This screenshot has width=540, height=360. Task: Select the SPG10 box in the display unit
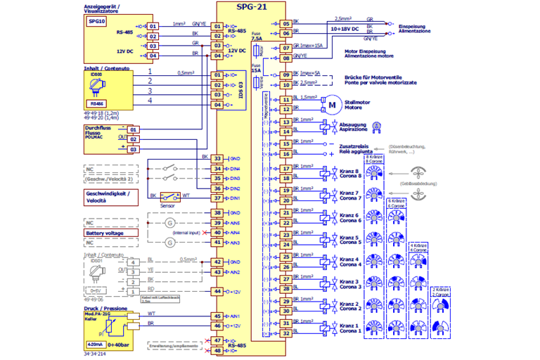point(96,22)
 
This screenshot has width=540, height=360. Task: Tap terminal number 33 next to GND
point(217,159)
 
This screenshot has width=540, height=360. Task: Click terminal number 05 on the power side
point(285,23)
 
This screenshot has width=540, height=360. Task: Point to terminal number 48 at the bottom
point(217,351)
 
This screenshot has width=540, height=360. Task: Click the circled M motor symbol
point(329,105)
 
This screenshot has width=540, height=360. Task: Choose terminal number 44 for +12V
point(217,291)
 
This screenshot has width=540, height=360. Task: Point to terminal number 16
point(285,153)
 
